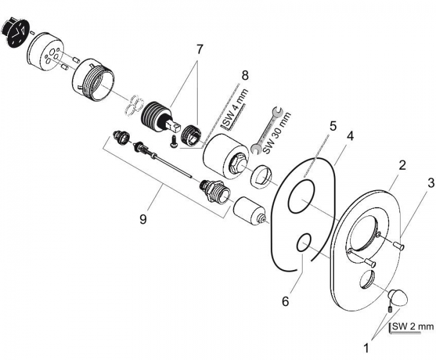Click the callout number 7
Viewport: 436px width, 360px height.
tap(199, 50)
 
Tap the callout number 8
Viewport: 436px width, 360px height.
tap(244, 76)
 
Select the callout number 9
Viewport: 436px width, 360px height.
tap(143, 220)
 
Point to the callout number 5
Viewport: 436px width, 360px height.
tap(333, 126)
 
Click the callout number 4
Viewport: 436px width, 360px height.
tap(351, 136)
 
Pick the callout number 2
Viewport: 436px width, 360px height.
tap(402, 166)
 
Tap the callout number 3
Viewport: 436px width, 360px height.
tap(431, 183)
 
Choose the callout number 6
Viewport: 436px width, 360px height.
tap(286, 301)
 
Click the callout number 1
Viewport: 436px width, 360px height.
tap(366, 348)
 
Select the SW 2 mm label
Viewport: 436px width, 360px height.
tap(413, 326)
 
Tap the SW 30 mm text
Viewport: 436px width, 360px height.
tap(277, 133)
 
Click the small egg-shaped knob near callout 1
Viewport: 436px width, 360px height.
tap(398, 297)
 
